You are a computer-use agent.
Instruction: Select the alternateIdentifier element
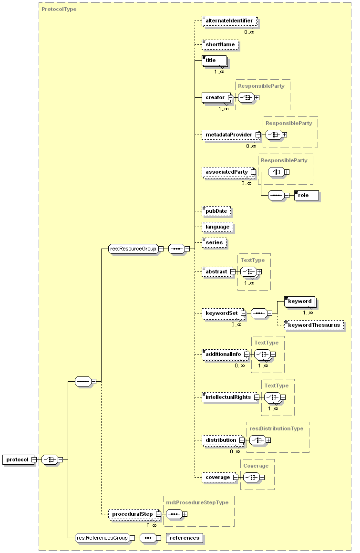point(229,21)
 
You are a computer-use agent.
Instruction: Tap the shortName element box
point(220,45)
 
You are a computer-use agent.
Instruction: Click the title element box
point(214,61)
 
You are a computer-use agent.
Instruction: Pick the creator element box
point(215,97)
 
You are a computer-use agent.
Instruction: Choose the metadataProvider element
point(229,135)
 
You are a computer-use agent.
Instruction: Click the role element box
point(306,195)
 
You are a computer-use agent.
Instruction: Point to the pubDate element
point(216,211)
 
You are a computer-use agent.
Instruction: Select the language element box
point(217,227)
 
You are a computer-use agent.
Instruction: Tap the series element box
point(214,242)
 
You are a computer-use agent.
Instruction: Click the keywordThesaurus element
point(314,325)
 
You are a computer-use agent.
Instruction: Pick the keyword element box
point(299,301)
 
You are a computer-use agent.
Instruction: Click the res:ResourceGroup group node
point(133,249)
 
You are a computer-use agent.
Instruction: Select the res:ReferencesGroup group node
point(102,538)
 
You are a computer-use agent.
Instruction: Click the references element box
point(184,538)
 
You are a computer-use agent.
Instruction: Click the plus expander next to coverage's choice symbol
point(262,477)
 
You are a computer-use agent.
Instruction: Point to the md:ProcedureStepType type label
point(197,502)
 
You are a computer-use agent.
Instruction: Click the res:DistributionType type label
point(276,428)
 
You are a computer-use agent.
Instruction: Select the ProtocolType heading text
point(59,9)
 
